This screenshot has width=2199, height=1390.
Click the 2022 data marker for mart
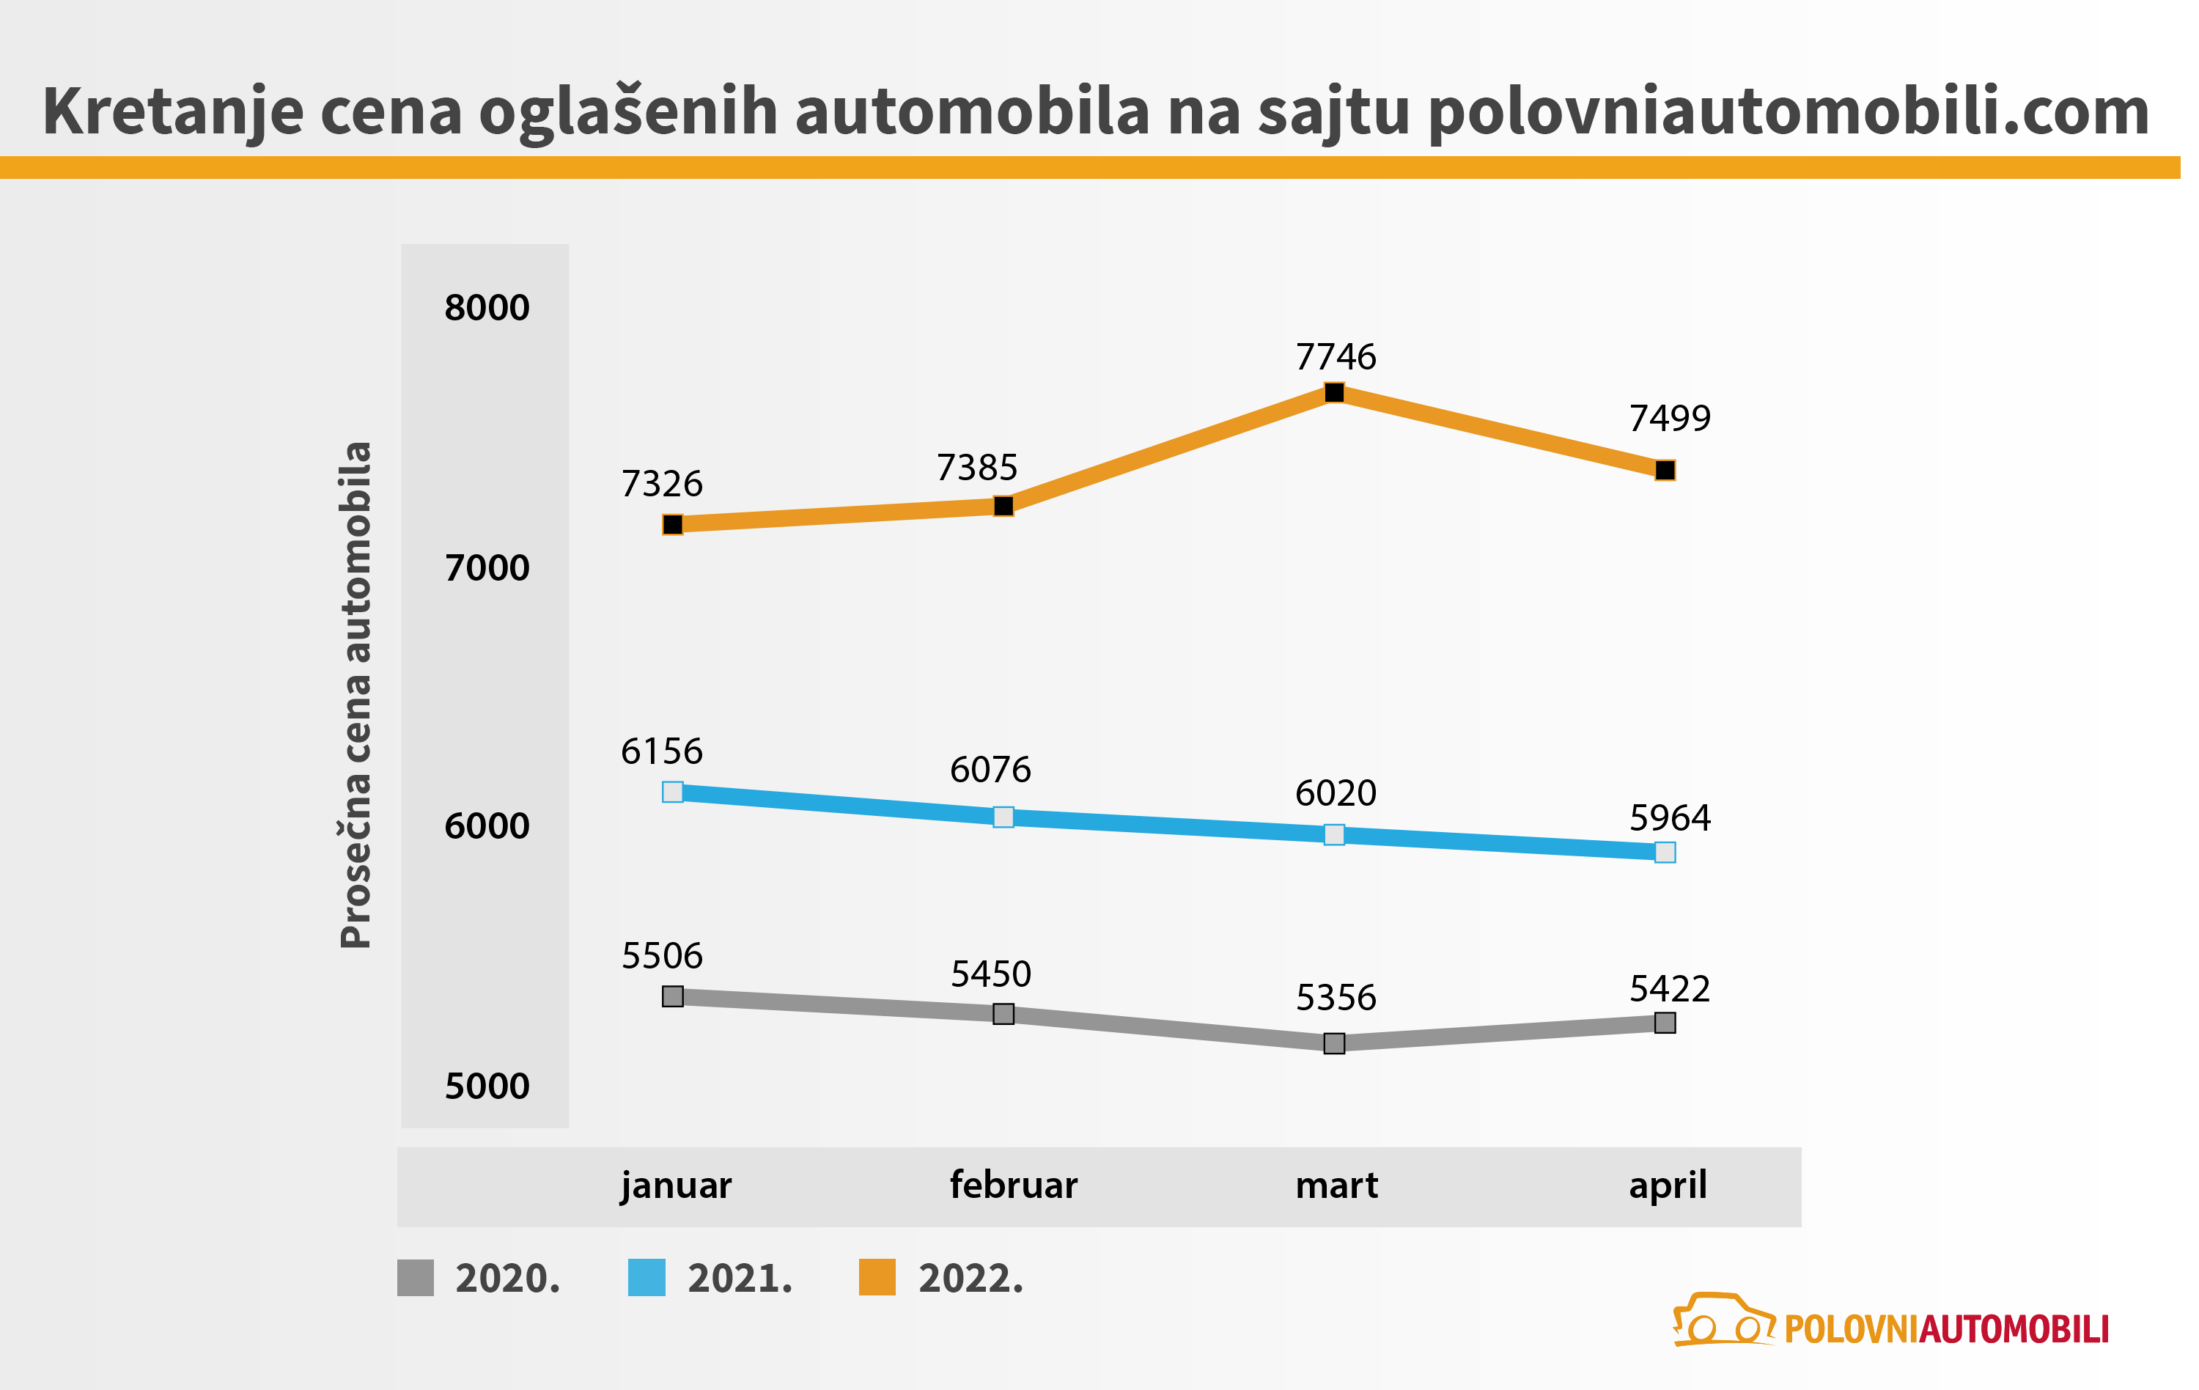tap(1334, 393)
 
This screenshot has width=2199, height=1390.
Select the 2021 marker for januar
tap(673, 792)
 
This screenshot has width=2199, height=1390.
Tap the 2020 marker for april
tap(1665, 1023)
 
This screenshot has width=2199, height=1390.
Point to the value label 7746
tap(1335, 356)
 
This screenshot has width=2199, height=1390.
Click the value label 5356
tap(1335, 997)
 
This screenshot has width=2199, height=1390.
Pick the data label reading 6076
tap(990, 770)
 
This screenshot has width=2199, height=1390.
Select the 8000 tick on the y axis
tap(487, 308)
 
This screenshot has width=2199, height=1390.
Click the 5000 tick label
tap(487, 1086)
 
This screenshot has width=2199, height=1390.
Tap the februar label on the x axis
tap(1014, 1185)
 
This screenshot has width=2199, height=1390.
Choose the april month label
tap(1668, 1185)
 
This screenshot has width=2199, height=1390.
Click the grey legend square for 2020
tap(416, 1278)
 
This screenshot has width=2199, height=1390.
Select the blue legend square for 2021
tap(647, 1278)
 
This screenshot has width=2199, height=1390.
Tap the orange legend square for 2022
tap(877, 1278)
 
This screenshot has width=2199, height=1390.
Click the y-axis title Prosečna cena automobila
tap(356, 695)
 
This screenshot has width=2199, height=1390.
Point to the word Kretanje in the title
tap(172, 111)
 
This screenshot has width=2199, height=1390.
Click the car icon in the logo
tap(1721, 1320)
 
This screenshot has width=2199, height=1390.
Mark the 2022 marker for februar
tap(1003, 506)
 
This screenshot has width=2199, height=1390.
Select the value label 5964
tap(1669, 817)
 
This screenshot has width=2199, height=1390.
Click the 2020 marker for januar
tap(673, 996)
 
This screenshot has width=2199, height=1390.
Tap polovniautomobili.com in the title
tap(1788, 111)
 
